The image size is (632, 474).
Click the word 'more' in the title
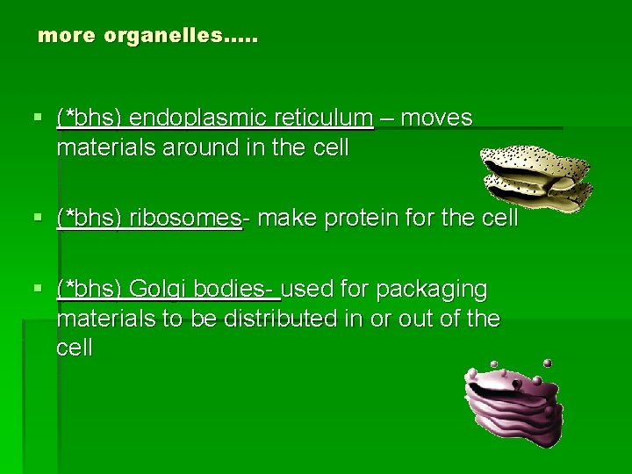tap(68, 37)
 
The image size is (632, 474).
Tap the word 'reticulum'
tap(322, 118)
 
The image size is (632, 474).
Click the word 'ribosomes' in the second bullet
tap(185, 219)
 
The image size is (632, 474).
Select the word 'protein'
tap(361, 219)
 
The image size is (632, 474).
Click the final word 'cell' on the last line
tap(74, 348)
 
